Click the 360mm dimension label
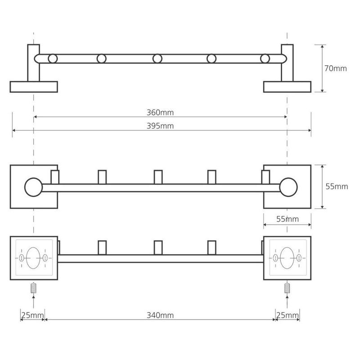160,112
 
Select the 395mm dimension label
160,126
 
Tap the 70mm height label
335,68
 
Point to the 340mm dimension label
160,315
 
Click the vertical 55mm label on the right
337,186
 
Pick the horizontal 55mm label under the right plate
288,219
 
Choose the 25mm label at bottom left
32,315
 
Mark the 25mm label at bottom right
288,315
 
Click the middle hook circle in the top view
157,58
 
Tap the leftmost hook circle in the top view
53,58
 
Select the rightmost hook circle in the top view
265,58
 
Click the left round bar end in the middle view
33,187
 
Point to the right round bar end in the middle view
288,187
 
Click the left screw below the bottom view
33,288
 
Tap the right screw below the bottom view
287,288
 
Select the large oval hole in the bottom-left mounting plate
33,258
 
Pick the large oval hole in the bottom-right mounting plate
287,258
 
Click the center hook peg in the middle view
158,177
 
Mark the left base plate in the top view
34,87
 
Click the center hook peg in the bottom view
158,247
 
